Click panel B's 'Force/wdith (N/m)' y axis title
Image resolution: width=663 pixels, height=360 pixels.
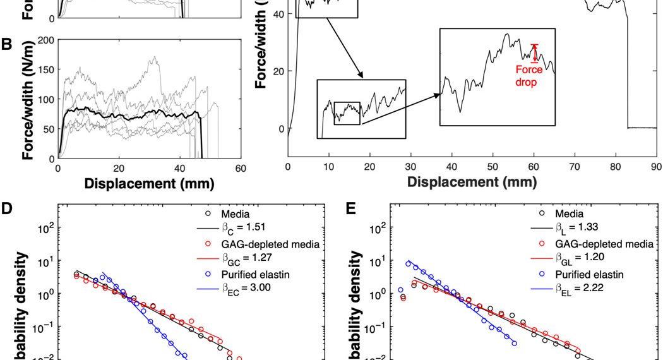pyautogui.click(x=27, y=99)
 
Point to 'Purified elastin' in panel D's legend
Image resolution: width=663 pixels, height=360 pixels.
pyautogui.click(x=257, y=273)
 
